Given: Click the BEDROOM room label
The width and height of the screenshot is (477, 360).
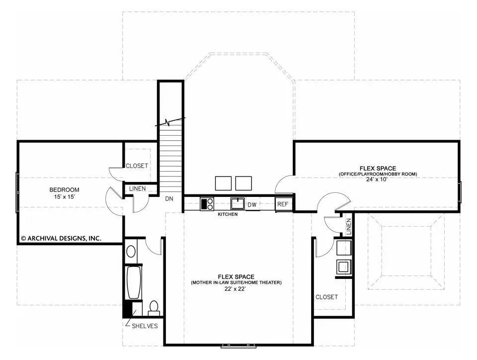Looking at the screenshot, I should [64, 189].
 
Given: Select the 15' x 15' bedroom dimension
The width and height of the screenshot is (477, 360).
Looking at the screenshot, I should [64, 197].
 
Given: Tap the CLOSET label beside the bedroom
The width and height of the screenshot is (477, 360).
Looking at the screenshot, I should [137, 166].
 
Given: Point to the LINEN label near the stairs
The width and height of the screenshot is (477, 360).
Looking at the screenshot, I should [138, 189].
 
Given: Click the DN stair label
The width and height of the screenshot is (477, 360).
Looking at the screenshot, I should [169, 198].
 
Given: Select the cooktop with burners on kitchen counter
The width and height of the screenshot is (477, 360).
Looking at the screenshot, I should [207, 204].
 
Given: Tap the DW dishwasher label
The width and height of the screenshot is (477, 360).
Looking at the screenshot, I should [252, 204].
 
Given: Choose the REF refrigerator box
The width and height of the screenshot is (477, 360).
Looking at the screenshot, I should [283, 204].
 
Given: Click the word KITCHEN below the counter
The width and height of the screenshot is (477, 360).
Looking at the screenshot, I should [228, 214].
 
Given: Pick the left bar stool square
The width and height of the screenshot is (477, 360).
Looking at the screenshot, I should [224, 183].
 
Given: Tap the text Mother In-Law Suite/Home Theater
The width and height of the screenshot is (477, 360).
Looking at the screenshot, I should [236, 282].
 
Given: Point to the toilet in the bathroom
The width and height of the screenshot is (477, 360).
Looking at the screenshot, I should [154, 308].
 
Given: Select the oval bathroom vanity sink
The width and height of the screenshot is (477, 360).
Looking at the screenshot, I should [131, 252].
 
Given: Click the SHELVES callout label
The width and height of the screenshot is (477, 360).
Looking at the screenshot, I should [145, 326].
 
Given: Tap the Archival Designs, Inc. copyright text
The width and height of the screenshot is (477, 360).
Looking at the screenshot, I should [61, 238].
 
